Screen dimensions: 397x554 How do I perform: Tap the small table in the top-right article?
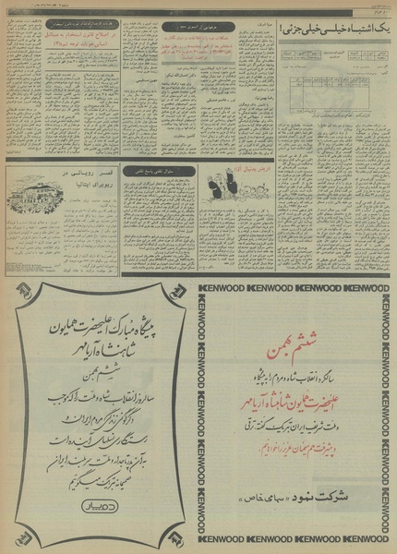319,91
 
